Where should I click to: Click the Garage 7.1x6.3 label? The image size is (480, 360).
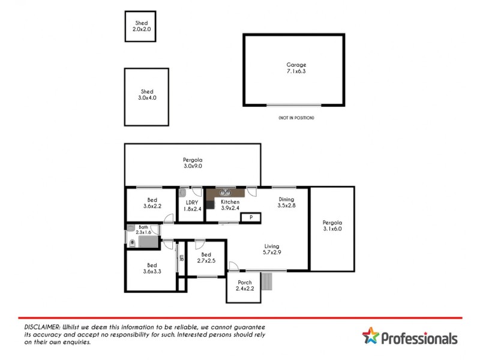(296, 68)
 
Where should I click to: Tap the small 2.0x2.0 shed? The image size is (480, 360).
(140, 26)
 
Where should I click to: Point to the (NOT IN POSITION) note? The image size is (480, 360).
(296, 118)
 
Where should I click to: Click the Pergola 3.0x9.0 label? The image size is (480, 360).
(193, 163)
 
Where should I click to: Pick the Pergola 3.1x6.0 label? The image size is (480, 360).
(332, 225)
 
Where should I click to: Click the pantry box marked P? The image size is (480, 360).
(250, 217)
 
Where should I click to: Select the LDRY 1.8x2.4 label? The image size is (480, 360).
(193, 205)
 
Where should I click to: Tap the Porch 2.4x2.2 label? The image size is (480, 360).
(244, 286)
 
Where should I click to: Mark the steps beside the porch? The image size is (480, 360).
(267, 281)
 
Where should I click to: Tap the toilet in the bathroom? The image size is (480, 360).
(131, 242)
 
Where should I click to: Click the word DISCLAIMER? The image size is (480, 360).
(38, 325)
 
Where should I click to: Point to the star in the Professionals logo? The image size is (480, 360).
(370, 337)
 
